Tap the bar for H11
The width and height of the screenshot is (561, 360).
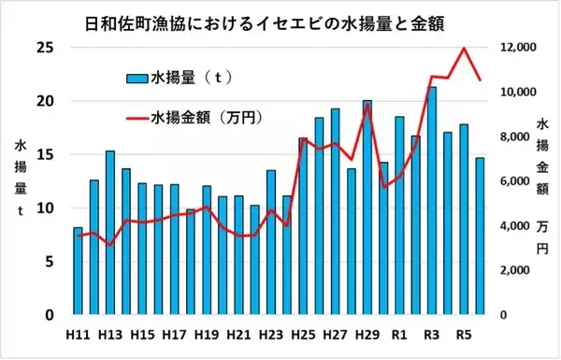78,271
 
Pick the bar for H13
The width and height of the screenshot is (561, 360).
110,233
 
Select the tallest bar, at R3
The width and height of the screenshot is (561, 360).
431,201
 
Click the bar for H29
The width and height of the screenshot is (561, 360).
367,208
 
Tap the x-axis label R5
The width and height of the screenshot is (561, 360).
464,335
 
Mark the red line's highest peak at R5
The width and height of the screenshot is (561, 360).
464,49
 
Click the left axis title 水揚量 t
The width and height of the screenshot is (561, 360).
21,178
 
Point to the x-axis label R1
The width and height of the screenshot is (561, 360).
399,335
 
